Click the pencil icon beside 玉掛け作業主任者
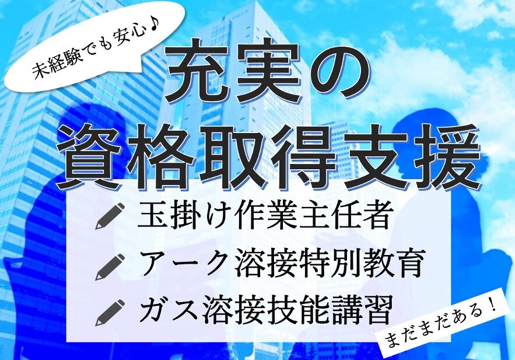point(110,216)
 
